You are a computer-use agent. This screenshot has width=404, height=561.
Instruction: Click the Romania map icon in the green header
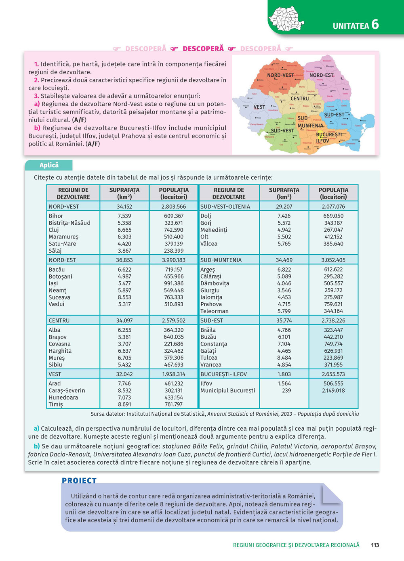pos(286,19)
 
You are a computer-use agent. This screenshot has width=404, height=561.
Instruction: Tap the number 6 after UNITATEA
pos(375,24)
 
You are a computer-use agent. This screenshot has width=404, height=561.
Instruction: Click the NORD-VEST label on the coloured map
pos(280,75)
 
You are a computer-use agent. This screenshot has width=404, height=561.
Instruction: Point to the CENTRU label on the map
pos(299,98)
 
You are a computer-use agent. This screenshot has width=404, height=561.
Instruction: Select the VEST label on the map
pos(259,107)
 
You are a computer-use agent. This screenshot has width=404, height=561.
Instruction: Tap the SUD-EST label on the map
pos(334,115)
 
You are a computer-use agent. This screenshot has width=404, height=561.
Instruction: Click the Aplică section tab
pos(49,165)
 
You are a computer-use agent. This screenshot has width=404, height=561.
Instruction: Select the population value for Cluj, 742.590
pos(174,230)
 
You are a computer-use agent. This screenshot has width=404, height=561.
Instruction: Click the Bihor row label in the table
pos(56,216)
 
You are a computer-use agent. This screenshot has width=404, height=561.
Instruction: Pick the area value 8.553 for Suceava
pos(124,297)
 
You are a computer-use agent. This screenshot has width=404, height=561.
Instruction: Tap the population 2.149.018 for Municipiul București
pos(333,390)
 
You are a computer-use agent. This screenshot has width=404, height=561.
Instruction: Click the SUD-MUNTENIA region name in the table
pos(221,260)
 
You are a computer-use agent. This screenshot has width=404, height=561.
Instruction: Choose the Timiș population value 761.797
pos(174,404)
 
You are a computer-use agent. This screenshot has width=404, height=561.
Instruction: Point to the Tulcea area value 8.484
pos(284,358)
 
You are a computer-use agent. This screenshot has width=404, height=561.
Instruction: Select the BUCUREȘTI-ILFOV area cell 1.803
pos(284,374)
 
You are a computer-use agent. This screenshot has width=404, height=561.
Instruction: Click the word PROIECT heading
pos(79,480)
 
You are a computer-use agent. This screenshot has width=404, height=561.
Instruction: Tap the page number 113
pos(375,545)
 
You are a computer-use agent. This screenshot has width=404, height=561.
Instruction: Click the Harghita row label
pos(60,351)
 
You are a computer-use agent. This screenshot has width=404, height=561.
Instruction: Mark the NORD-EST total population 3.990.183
pos(174,260)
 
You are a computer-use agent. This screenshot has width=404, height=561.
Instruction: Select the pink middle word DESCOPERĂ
pos(203,48)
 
